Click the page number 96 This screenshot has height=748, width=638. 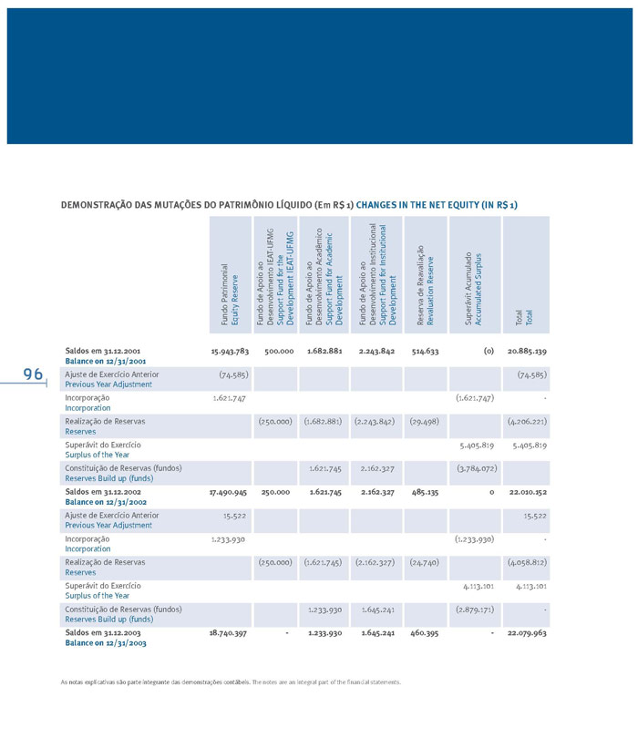(x=34, y=374)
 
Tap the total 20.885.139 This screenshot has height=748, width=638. (x=527, y=350)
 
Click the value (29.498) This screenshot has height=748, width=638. (x=425, y=421)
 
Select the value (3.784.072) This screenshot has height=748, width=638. (x=475, y=468)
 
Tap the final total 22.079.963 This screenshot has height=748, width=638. (x=527, y=632)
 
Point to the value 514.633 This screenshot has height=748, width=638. (x=425, y=350)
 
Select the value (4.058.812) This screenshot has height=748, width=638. (x=527, y=562)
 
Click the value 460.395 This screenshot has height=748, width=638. (x=425, y=632)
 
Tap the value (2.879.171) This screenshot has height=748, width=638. (x=475, y=609)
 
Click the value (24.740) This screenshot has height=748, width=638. (x=425, y=562)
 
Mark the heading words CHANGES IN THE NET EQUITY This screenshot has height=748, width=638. (x=437, y=204)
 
